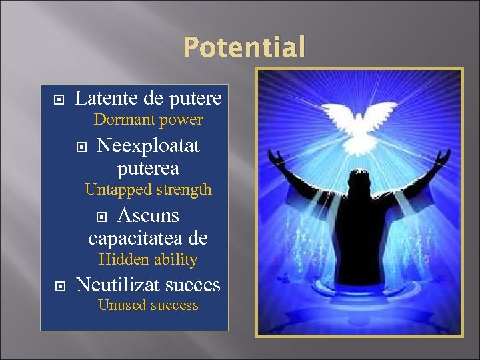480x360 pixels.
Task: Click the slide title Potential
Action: tap(244, 47)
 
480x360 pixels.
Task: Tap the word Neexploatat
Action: tap(148, 145)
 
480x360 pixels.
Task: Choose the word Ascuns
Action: tap(148, 215)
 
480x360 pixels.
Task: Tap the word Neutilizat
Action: tap(119, 285)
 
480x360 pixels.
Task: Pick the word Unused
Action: tap(118, 305)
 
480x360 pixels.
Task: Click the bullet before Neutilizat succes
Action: tap(58, 286)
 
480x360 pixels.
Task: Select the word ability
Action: tap(174, 259)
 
